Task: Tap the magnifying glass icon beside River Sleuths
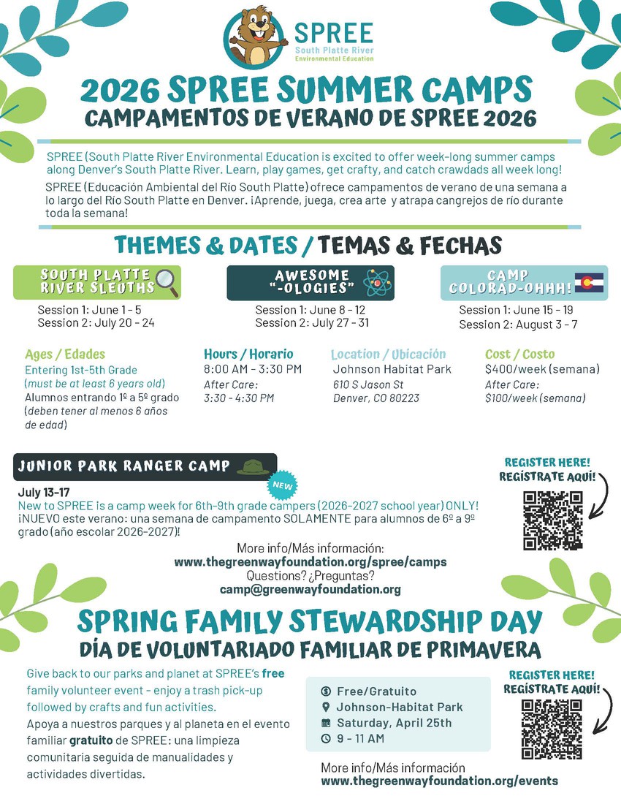[x=167, y=282]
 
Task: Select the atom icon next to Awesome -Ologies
[x=378, y=282]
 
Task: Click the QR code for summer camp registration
[x=553, y=520]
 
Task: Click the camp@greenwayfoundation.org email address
[x=310, y=589]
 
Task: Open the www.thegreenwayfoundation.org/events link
[x=440, y=781]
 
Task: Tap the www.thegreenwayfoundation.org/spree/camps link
[x=310, y=562]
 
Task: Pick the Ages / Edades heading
[x=65, y=354]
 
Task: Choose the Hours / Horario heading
[x=248, y=354]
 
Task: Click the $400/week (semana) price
[x=542, y=369]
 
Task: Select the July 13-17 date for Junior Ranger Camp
[x=43, y=493]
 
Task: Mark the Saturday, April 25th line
[x=394, y=723]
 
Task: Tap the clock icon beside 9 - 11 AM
[x=326, y=738]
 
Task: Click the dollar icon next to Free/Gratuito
[x=326, y=691]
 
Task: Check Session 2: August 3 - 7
[x=518, y=324]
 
